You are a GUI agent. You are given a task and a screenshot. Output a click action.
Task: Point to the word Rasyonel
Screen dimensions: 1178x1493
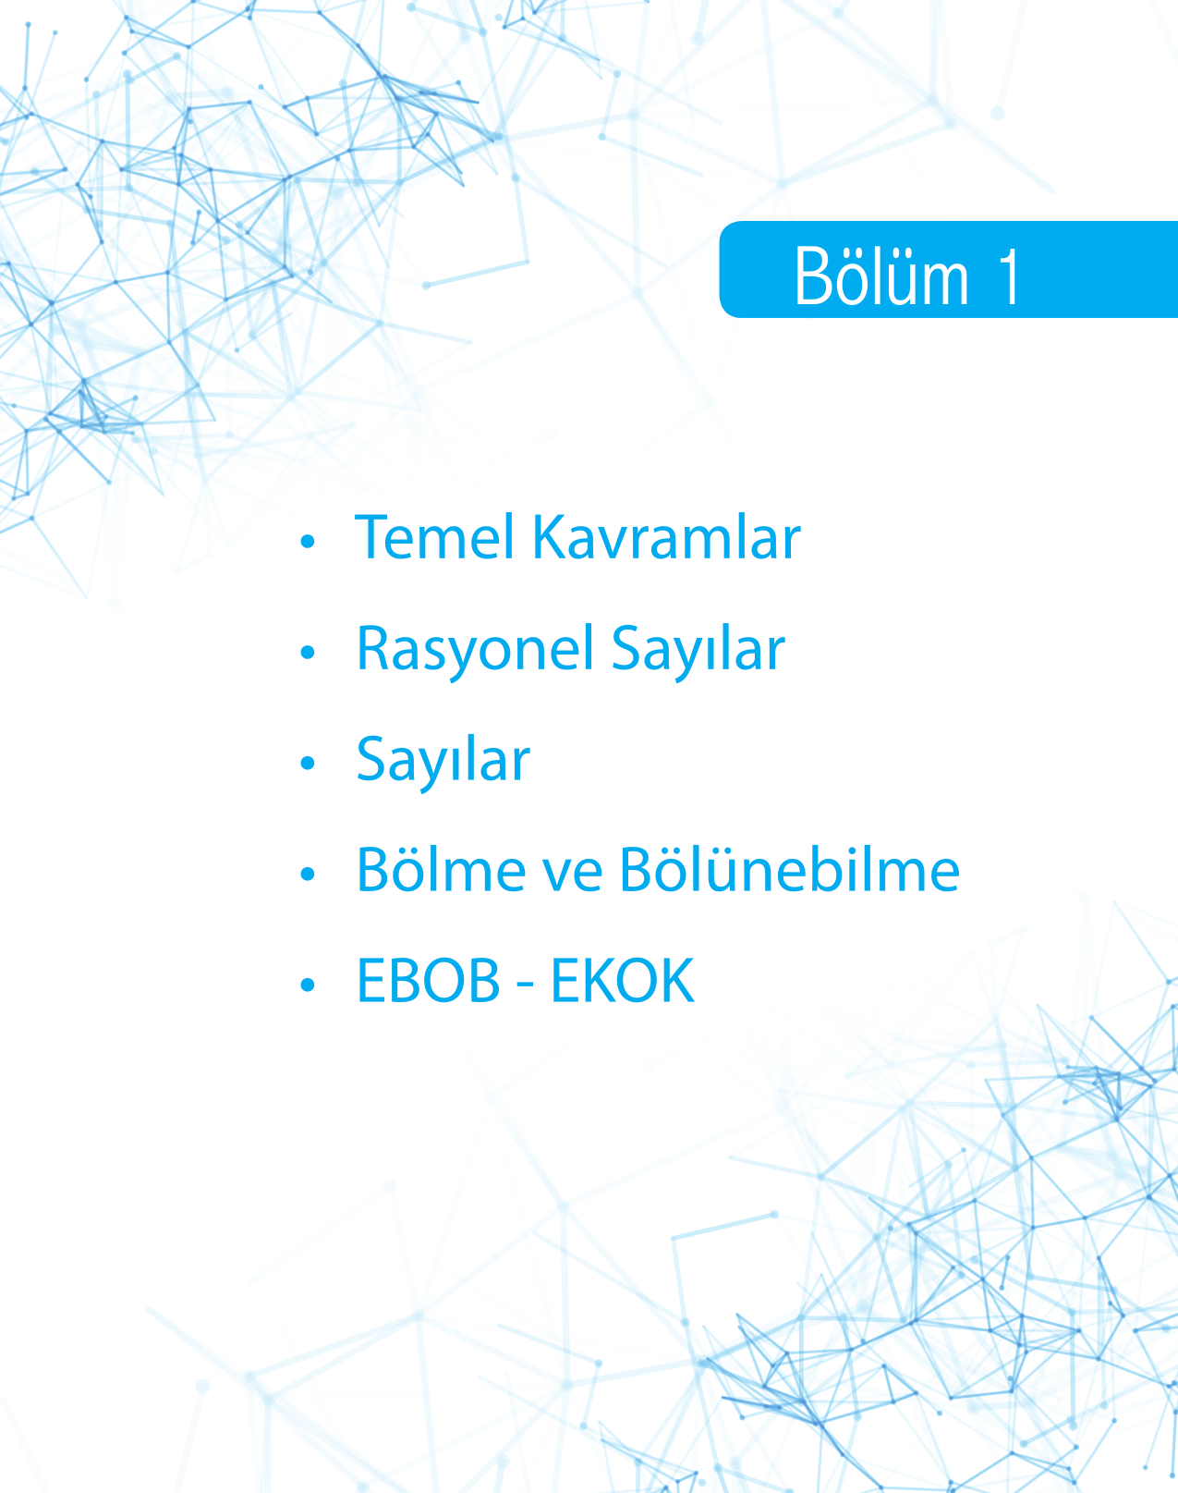tap(476, 649)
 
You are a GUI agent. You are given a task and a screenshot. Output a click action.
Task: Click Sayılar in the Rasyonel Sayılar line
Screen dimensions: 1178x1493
tap(698, 649)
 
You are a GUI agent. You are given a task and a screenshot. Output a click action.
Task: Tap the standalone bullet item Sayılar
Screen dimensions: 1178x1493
tap(443, 760)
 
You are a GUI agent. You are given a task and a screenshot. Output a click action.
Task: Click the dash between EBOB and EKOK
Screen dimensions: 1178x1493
tap(526, 986)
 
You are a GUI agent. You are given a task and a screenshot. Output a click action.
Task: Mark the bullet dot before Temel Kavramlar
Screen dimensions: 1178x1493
tap(308, 541)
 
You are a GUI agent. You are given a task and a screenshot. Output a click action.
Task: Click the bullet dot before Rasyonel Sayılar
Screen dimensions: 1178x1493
tap(308, 652)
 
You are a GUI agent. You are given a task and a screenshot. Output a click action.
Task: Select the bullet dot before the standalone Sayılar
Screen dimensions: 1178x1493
tap(308, 764)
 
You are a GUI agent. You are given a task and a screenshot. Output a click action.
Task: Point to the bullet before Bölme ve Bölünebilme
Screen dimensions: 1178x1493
tap(308, 875)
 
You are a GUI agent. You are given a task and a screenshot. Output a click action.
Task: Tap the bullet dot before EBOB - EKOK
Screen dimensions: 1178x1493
tap(308, 985)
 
